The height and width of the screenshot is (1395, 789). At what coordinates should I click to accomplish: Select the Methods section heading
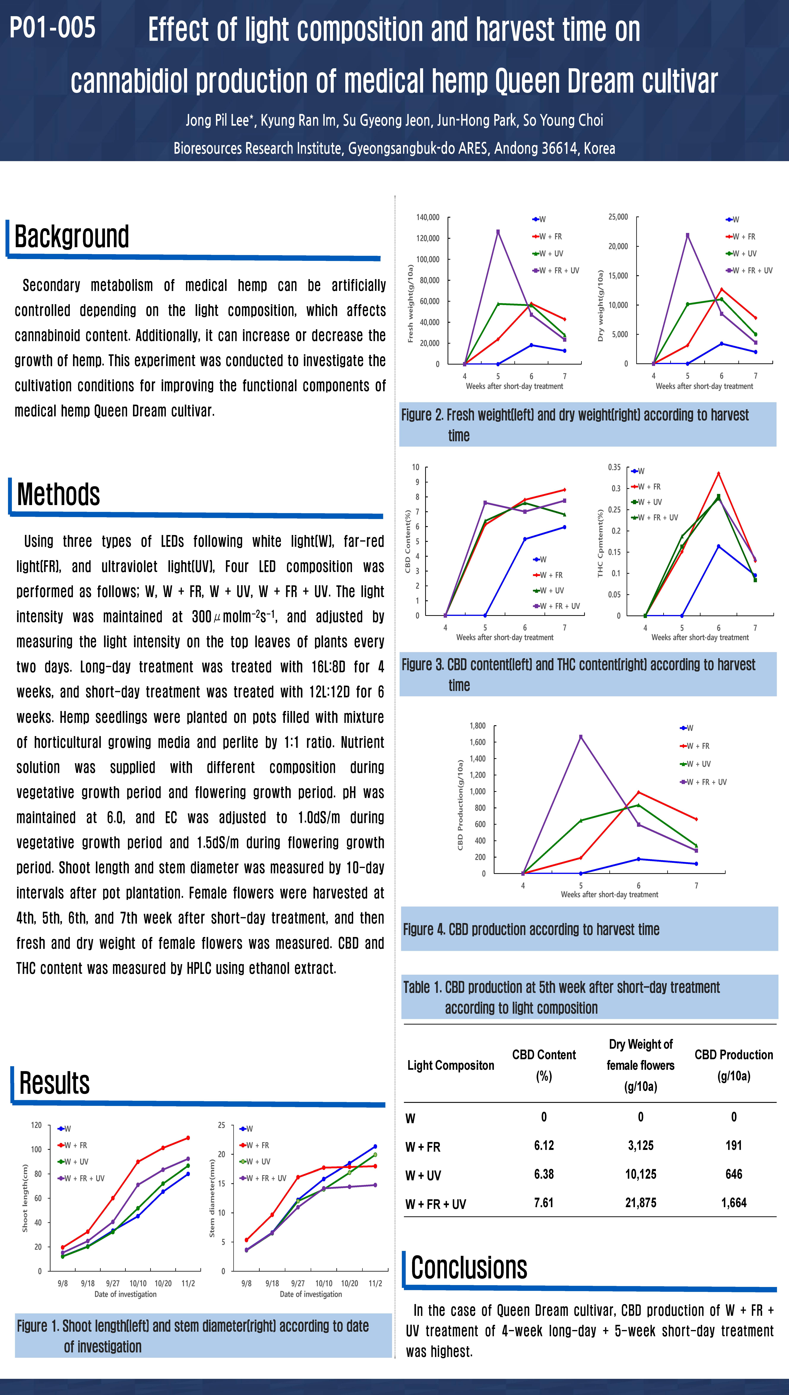58,494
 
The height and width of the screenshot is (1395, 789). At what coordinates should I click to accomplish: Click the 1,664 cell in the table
734,1203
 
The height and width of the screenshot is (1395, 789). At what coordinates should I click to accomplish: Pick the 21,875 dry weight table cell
641,1203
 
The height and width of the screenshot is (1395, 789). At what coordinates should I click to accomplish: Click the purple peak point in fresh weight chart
498,232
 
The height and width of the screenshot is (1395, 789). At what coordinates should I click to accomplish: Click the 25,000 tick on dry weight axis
618,217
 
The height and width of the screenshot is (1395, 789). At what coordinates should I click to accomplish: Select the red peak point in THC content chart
718,473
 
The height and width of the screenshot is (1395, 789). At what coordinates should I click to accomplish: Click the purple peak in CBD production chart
581,737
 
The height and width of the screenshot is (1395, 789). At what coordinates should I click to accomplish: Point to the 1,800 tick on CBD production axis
477,726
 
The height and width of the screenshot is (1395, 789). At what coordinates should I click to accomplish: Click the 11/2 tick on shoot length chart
188,1283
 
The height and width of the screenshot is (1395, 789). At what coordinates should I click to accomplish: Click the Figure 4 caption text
531,929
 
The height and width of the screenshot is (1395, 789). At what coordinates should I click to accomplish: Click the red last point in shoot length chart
188,1138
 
